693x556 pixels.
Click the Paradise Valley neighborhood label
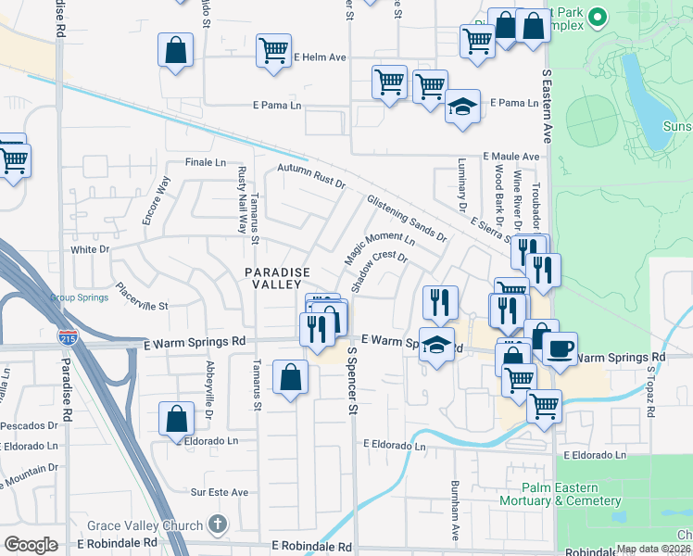point(274,278)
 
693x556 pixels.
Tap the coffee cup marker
point(561,349)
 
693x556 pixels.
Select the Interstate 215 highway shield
point(67,339)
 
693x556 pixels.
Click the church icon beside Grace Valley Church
point(217,525)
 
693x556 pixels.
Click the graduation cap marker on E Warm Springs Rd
point(437,345)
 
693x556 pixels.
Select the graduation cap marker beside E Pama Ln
point(462,106)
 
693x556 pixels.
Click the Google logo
point(31,545)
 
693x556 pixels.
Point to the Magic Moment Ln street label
point(367,241)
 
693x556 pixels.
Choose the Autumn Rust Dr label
point(311,175)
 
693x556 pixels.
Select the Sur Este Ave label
point(220,492)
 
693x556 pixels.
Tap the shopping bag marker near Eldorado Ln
point(176,418)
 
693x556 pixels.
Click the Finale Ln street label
point(207,162)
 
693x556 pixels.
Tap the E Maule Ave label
point(510,158)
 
